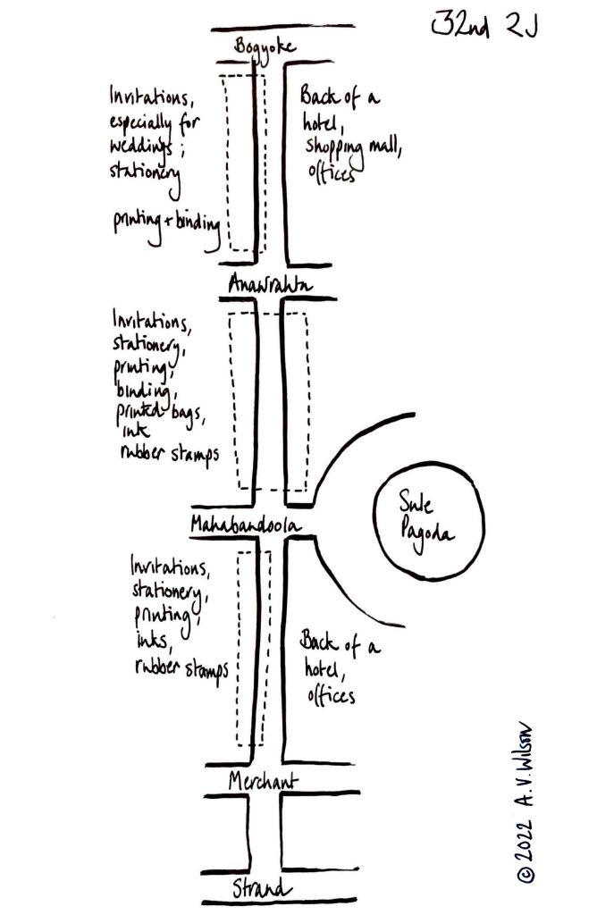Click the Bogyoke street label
(x=264, y=46)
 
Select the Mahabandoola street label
(x=244, y=525)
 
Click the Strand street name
(x=261, y=889)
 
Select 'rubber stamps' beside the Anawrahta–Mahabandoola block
(x=170, y=453)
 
